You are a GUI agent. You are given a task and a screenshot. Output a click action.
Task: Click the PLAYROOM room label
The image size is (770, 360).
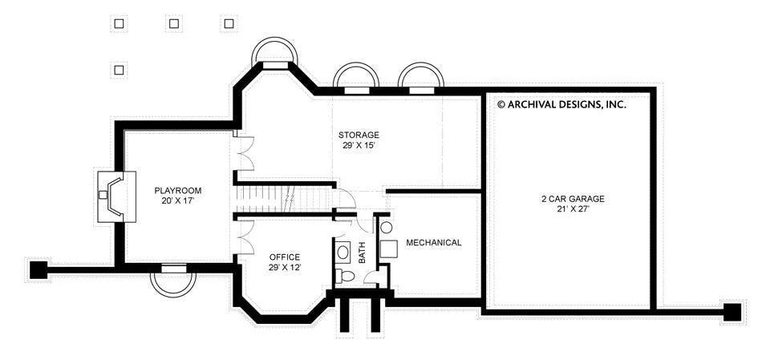pos(178,191)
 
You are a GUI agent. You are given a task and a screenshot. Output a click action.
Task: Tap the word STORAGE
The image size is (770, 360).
pos(359,135)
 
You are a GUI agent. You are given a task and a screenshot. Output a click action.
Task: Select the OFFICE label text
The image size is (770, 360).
pos(284,257)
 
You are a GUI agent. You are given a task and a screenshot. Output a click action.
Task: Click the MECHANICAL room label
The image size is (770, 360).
pos(434,243)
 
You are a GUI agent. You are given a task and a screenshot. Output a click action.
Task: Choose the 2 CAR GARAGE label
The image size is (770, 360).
pos(573,199)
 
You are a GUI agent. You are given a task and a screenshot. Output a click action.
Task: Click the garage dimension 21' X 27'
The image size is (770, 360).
pos(573,209)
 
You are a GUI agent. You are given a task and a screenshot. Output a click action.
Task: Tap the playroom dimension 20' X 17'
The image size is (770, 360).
pos(178,201)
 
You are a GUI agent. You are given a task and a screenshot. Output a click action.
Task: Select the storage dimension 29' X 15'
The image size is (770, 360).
pos(359,145)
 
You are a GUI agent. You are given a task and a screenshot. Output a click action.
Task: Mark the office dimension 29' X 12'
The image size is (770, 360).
pos(284,268)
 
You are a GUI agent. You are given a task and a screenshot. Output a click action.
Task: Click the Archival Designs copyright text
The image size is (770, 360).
pos(561,104)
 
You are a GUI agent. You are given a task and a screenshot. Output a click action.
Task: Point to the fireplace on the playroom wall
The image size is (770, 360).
pos(115,196)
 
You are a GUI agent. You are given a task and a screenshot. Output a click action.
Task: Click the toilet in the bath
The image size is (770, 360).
pos(346,276)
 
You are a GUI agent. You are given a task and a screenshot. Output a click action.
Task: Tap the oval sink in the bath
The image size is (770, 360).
pos(343,253)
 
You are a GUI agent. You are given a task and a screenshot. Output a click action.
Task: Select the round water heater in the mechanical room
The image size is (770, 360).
pos(387,228)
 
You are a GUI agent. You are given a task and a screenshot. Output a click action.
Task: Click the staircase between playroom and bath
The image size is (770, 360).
pos(284,200)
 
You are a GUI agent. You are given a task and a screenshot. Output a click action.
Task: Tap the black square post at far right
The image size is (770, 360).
pos(732,312)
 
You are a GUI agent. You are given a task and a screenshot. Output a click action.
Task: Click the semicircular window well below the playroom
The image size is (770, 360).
pos(173,283)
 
